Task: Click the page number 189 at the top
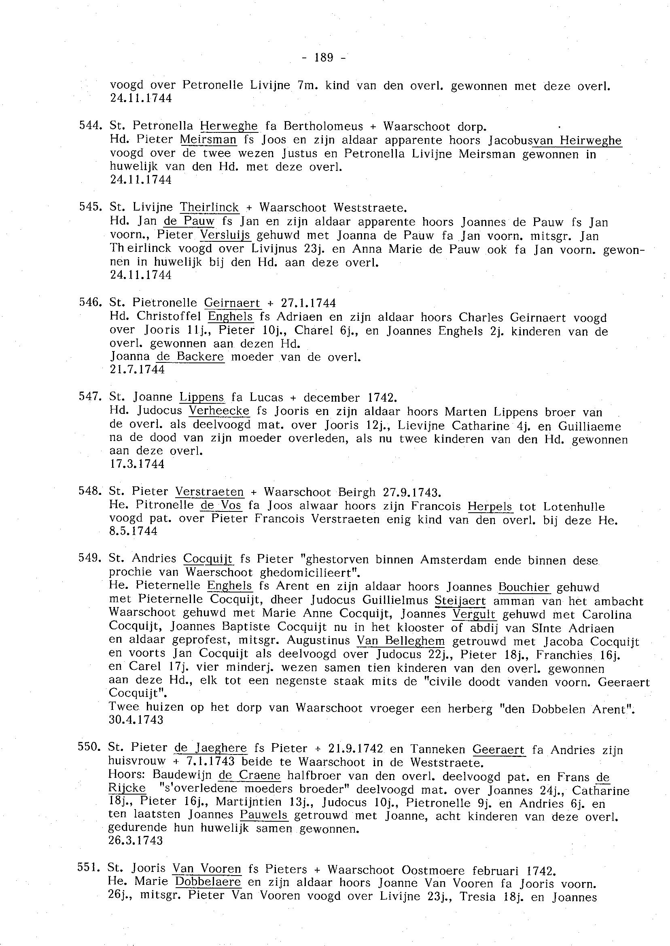pyautogui.click(x=323, y=58)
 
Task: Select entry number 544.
pyautogui.click(x=90, y=126)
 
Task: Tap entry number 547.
pyautogui.click(x=90, y=397)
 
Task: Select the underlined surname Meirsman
pyautogui.click(x=208, y=140)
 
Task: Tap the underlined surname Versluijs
pyautogui.click(x=225, y=235)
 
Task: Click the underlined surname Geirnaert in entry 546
pyautogui.click(x=233, y=303)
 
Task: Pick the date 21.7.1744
pyautogui.click(x=137, y=370)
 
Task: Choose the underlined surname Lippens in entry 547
pyautogui.click(x=202, y=397)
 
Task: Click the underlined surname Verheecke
pyautogui.click(x=219, y=411)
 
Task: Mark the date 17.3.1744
pyautogui.click(x=137, y=464)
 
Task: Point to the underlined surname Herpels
pyautogui.click(x=490, y=506)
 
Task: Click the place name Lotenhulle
pyautogui.click(x=574, y=507)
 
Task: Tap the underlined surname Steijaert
pyautogui.click(x=460, y=601)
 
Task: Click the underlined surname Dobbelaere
pyautogui.click(x=208, y=882)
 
